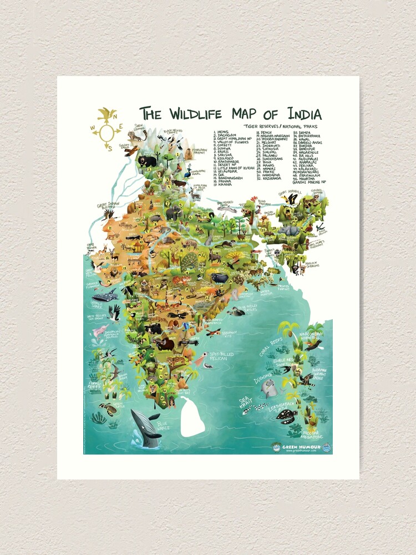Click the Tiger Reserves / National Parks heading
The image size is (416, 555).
[x=281, y=127]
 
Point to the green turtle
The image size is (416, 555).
[x=108, y=409]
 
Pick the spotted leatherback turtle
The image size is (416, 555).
[x=287, y=414]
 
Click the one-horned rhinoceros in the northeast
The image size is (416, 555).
[x=289, y=230]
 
